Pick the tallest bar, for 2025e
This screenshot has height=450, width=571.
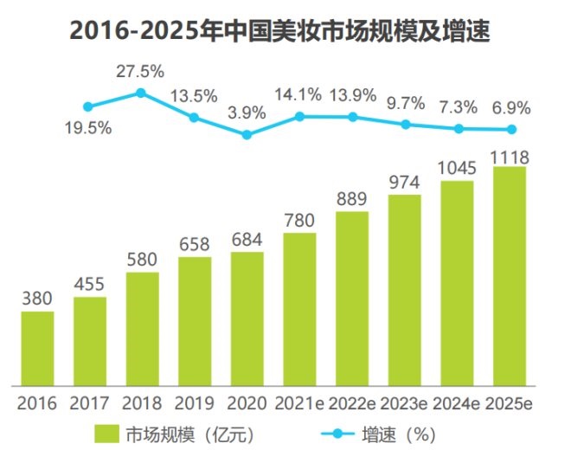coord(510,276)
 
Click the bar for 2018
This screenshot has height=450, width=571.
coord(142,329)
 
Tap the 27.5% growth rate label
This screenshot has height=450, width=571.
coord(140,72)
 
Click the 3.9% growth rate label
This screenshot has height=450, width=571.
coord(247,111)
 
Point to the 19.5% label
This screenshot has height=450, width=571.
coord(87,128)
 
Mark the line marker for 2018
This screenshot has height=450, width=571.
coord(140,92)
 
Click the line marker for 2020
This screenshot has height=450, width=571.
coord(247,134)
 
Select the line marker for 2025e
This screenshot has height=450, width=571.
coord(511,130)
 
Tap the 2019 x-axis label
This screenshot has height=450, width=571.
coord(194,403)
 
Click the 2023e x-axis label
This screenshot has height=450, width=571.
coord(405,403)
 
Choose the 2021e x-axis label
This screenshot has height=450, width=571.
coord(299,403)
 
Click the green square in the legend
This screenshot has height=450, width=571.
coord(107,431)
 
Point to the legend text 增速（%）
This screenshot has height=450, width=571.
coord(397,431)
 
